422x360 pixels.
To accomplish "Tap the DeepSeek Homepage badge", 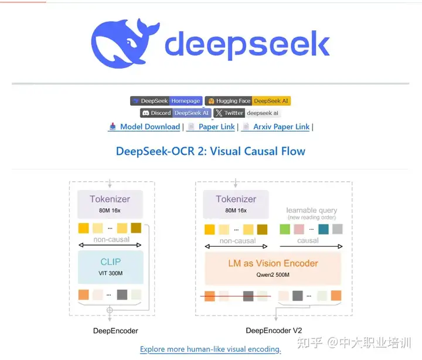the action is pos(166,101).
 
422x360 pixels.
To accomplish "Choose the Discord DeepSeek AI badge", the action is pos(175,113).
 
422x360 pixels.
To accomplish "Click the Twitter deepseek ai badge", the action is pos(246,113).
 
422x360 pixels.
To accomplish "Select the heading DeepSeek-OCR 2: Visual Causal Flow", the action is pos(210,151).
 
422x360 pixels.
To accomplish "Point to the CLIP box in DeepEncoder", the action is pos(110,267).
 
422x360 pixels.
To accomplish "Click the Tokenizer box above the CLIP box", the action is pos(110,203).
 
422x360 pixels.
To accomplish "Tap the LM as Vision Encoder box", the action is pos(273,268).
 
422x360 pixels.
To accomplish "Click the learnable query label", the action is pos(311,210).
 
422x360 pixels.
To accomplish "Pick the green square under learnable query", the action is pos(285,229).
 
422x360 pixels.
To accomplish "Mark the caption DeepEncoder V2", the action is pos(274,331).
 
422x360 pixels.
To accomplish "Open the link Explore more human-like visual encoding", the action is pos(210,349).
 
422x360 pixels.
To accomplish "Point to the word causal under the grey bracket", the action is pos(308,240).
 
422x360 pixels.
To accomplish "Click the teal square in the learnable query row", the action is pos(324,229).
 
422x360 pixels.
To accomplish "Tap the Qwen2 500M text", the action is pos(273,274).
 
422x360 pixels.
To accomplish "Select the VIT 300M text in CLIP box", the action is pos(110,273).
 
